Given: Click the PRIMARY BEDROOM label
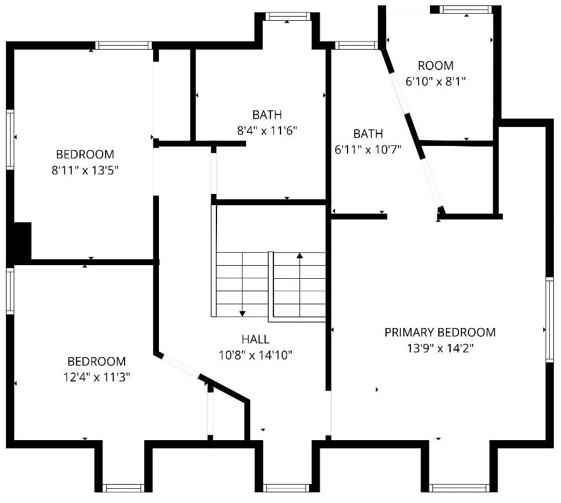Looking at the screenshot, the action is coord(440,332).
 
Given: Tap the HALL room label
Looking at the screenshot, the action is coord(256,339).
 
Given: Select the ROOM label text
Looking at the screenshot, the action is coord(436,66).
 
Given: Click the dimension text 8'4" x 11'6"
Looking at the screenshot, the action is coord(267,130).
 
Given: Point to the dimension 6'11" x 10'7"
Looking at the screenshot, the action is coord(368,149).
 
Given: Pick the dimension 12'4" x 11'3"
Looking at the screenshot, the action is coord(97,377).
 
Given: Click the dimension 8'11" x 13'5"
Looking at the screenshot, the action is coord(85,170).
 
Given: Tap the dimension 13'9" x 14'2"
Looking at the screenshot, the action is coord(441,348).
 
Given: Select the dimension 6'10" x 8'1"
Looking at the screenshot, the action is coord(436,82).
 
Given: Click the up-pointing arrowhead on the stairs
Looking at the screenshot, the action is coord(300,256).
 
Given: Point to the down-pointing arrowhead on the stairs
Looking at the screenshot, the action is coord(243,314).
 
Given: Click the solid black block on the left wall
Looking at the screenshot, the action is coord(22,241).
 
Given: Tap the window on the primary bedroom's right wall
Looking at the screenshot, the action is coord(549,320).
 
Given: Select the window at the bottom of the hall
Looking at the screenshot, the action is coord(286,488).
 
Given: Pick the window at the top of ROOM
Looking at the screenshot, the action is coord(466,9).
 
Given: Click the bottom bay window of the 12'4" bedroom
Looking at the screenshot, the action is coord(123,488).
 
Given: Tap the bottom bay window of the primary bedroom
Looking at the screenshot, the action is coord(460,488).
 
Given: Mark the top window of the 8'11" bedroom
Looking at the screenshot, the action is coord(124,46).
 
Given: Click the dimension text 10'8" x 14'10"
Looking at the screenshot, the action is coord(256,355).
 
